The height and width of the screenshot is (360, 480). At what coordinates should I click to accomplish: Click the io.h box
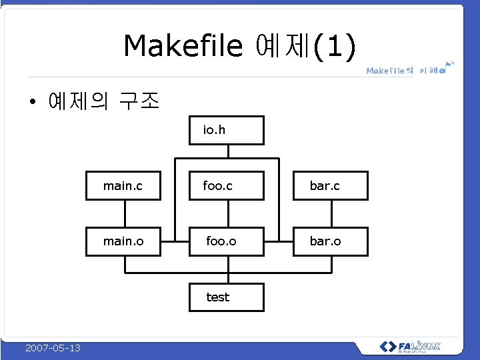click(228, 130)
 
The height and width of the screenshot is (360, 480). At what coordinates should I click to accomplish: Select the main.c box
click(124, 186)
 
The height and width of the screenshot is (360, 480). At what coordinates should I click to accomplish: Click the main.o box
click(124, 241)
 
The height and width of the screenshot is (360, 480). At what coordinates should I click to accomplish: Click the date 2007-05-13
click(53, 348)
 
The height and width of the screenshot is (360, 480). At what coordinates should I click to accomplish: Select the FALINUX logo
click(410, 347)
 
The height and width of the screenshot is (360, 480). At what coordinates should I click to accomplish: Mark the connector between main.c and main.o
click(124, 213)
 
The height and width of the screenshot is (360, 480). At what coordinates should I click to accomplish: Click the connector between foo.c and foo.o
click(228, 213)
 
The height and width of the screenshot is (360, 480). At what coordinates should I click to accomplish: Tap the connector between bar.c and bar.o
click(331, 213)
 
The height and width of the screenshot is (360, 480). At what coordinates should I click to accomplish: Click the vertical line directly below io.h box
click(228, 151)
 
